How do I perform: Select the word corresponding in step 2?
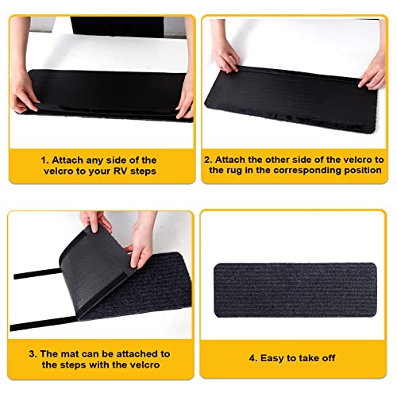pos(321,171)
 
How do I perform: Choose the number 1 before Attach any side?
pos(44,160)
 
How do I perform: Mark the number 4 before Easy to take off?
pos(250,358)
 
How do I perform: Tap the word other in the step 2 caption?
pos(270,159)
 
